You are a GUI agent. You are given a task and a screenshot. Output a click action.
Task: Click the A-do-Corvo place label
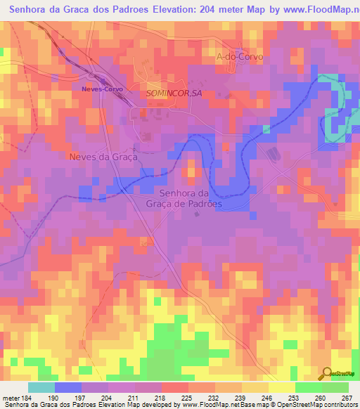pyautogui.click(x=237, y=57)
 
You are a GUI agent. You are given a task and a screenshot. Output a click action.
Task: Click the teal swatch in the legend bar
pyautogui.click(x=41, y=387)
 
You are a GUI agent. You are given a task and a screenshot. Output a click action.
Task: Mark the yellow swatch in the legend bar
pyautogui.click(x=281, y=387)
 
